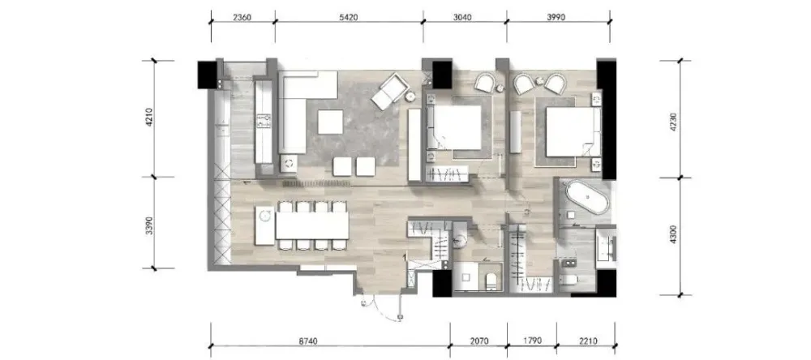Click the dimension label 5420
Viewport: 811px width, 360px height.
click(x=349, y=17)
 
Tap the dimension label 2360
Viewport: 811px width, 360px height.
click(x=242, y=17)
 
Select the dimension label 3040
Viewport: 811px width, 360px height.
click(x=462, y=17)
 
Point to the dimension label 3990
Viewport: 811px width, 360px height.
click(x=556, y=17)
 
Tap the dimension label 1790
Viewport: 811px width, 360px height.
click(x=532, y=341)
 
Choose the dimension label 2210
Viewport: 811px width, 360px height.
click(x=588, y=341)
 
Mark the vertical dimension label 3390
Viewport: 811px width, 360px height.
click(x=149, y=222)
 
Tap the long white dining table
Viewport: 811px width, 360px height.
click(x=312, y=225)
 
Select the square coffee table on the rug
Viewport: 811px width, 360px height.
click(x=330, y=122)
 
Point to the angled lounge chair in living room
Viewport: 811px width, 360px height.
click(x=389, y=91)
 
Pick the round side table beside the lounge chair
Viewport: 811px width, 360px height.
click(x=410, y=96)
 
